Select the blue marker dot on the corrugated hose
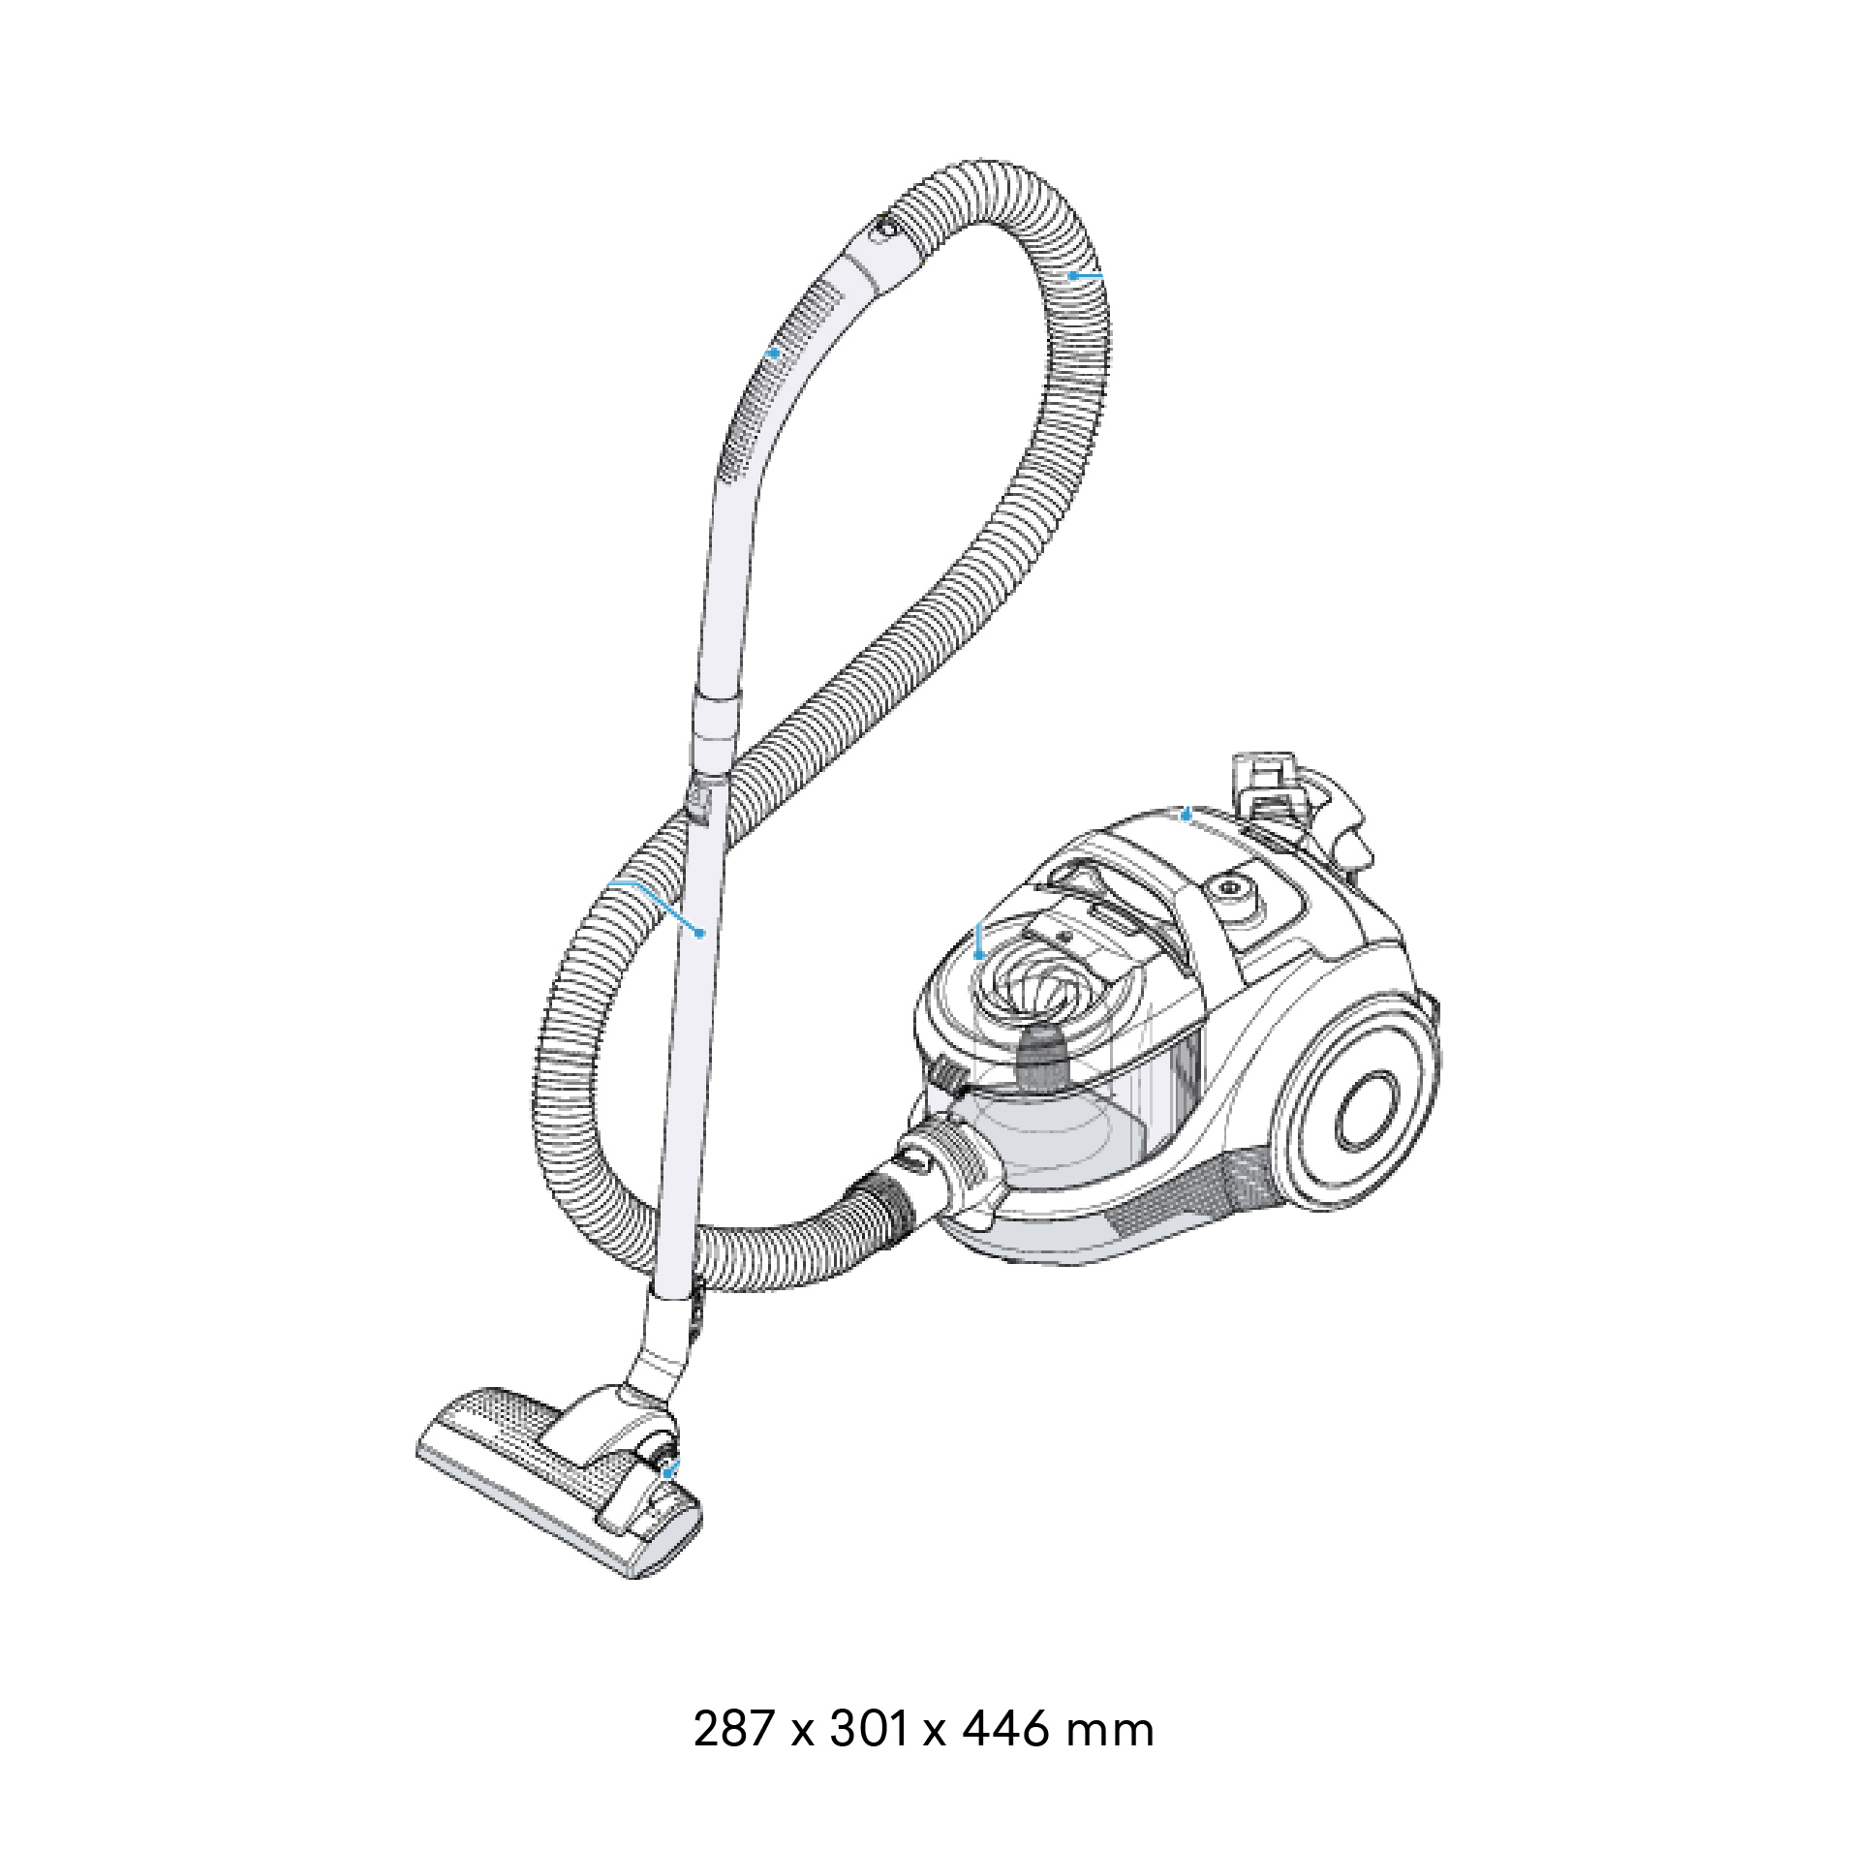pos(1073,276)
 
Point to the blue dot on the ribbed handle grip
pos(773,354)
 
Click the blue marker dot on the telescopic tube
pos(699,933)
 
